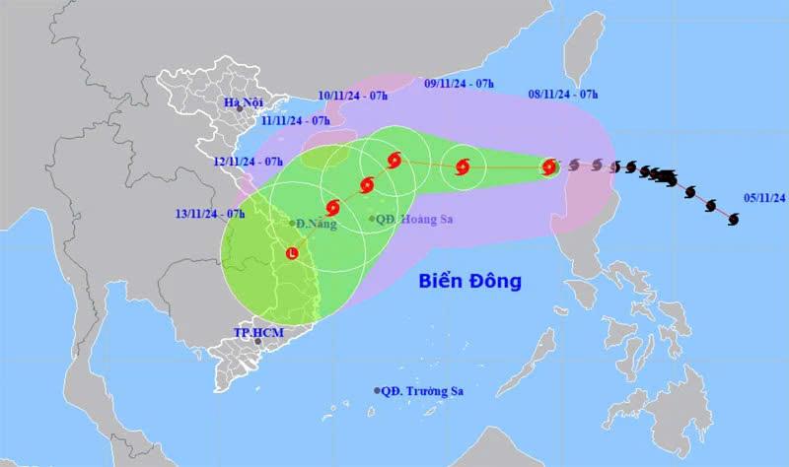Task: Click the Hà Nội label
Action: [x=242, y=103]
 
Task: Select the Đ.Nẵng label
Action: [x=315, y=224]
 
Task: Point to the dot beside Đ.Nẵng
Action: [x=292, y=223]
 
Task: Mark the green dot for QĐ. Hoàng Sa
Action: [x=372, y=219]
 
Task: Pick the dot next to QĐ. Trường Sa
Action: [x=377, y=391]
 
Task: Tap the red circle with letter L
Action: [x=292, y=254]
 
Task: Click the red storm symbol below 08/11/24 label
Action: [x=549, y=167]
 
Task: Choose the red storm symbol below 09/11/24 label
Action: [x=462, y=167]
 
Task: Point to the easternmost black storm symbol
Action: [x=733, y=219]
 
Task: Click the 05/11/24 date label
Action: [x=764, y=197]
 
